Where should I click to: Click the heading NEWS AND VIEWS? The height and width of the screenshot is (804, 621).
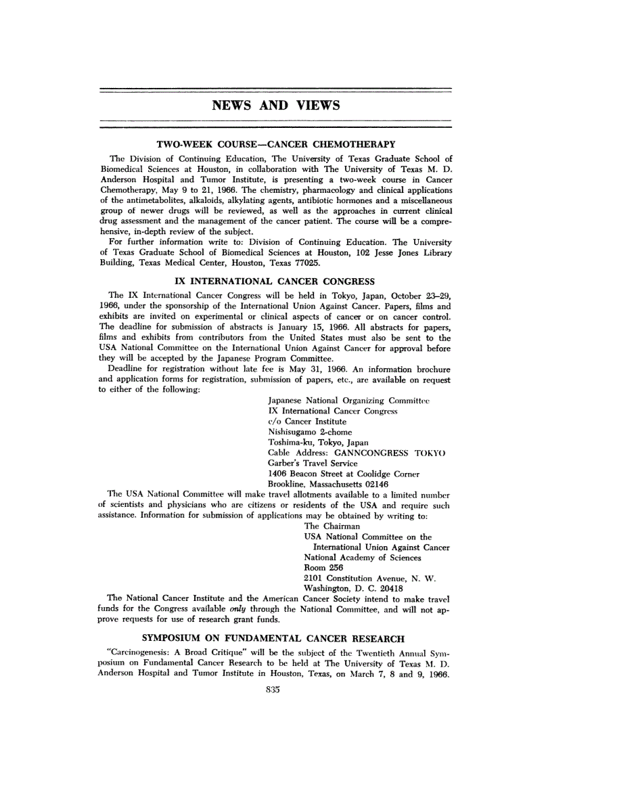tap(275, 106)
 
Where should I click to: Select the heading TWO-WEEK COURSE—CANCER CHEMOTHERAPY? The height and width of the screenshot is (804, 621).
tap(275, 144)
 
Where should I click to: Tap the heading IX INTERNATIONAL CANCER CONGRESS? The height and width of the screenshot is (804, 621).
tap(275, 281)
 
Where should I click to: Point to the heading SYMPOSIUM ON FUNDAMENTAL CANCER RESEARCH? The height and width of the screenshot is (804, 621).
tap(273, 638)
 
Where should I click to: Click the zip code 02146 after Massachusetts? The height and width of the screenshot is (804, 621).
tap(375, 484)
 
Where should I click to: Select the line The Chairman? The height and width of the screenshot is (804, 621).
tap(332, 526)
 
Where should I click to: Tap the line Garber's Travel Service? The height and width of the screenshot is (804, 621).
tap(313, 463)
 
